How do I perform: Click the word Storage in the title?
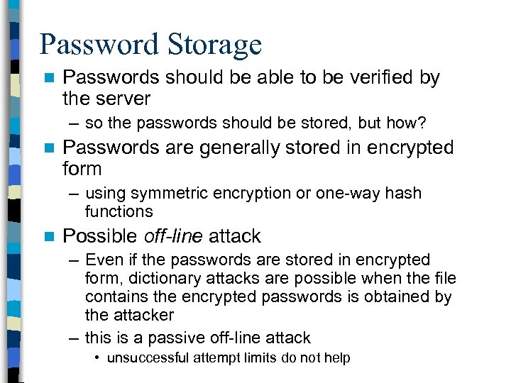215,45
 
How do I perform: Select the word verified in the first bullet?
364,77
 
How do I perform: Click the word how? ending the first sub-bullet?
406,123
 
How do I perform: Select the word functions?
119,211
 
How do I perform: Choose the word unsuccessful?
148,358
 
